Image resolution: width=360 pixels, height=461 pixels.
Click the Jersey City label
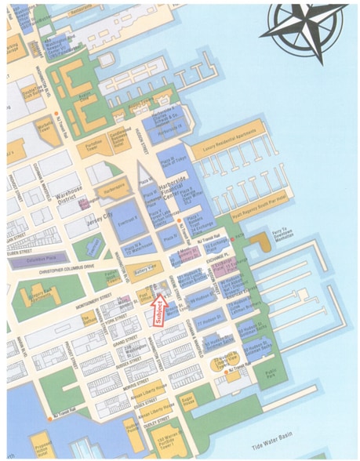click(97, 214)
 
